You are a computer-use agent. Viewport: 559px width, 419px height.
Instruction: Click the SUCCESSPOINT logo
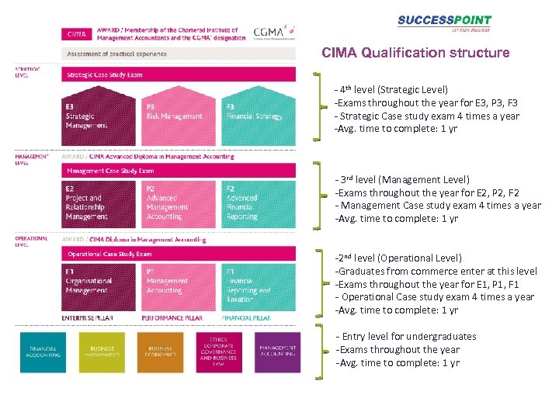444,23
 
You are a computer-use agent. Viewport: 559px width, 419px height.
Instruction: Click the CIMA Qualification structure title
415,54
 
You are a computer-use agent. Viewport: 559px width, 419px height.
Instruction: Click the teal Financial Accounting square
43,352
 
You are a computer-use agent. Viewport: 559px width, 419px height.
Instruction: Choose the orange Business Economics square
160,352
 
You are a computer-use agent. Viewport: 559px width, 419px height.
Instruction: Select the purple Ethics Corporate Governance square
218,352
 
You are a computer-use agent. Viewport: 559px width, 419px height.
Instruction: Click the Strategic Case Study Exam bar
179,74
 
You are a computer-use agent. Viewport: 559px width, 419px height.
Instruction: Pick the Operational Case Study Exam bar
179,254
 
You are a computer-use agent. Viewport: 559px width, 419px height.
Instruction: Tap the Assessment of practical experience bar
179,55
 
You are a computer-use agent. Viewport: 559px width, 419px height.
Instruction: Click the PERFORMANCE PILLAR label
172,318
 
